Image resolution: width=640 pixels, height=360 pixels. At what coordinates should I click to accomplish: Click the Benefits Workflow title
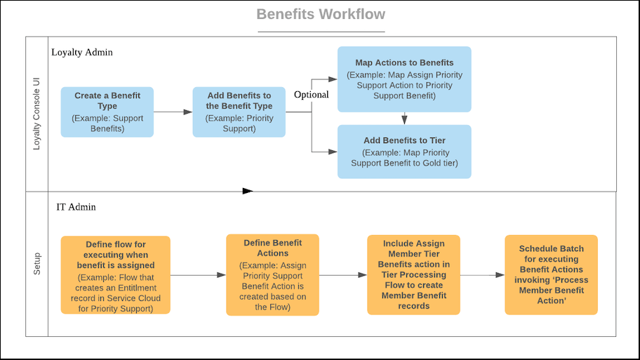[321, 15]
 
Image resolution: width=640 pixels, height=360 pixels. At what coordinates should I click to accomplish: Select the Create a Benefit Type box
[107, 112]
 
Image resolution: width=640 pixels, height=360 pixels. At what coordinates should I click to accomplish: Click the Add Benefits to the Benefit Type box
[239, 112]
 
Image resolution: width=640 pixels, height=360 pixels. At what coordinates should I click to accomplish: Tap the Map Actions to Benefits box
[404, 79]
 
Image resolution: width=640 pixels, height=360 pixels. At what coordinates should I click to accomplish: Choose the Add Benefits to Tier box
[404, 152]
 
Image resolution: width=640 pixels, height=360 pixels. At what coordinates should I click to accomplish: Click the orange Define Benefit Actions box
[272, 274]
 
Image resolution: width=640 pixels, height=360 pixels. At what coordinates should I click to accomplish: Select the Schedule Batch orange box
[551, 274]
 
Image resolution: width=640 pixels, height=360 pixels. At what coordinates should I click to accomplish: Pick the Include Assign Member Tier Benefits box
[413, 274]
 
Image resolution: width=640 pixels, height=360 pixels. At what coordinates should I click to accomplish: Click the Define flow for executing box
[115, 274]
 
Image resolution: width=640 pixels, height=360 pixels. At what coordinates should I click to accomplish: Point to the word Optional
[311, 95]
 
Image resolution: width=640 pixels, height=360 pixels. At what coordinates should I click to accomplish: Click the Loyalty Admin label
[82, 53]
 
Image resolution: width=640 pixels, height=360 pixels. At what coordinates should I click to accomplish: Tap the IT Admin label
[76, 207]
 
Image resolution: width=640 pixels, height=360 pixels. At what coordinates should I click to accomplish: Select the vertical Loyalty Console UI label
[37, 114]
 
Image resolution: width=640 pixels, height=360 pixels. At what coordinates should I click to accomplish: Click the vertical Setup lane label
[37, 264]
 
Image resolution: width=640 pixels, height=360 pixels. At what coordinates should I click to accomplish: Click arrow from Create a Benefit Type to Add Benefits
[173, 112]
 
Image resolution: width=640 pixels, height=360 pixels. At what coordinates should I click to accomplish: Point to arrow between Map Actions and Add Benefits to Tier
[404, 118]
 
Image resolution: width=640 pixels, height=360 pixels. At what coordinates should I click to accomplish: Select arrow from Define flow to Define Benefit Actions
[198, 275]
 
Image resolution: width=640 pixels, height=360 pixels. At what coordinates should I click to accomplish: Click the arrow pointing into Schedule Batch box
[482, 275]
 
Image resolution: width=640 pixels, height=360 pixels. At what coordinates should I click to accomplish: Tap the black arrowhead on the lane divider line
[247, 190]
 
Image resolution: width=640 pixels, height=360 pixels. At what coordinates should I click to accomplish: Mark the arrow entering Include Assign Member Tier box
[343, 275]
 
